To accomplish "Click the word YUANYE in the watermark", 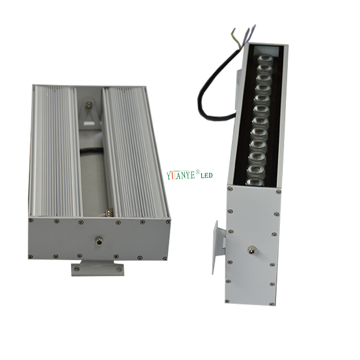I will pyautogui.click(x=180, y=175).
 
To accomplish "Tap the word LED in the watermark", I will pyautogui.click(x=205, y=176).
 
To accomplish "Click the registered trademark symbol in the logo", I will pyautogui.click(x=197, y=172).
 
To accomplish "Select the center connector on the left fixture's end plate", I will pyautogui.click(x=99, y=239).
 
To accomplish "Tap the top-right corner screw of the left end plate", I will pyautogui.click(x=168, y=221).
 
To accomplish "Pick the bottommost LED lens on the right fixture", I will pyautogui.click(x=254, y=181).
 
